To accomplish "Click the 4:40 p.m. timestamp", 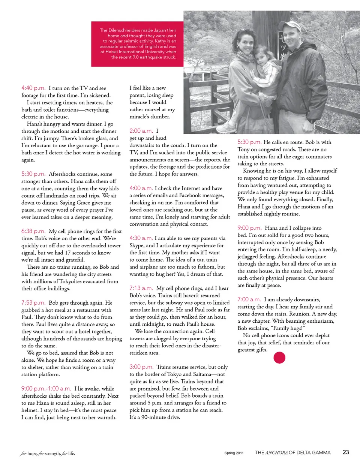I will click(33, 88).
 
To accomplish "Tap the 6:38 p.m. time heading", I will click(33, 231).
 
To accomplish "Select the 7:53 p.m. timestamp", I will click(33, 303).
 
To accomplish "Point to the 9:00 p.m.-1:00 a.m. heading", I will click(46, 389).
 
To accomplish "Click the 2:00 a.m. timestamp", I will click(141, 131).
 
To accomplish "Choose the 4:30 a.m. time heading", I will click(141, 238).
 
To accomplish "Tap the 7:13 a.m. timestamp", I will click(141, 288).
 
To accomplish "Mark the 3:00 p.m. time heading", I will click(141, 367).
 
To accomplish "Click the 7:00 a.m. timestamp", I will click(249, 299).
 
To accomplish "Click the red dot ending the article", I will click(279, 358).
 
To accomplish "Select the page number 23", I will click(346, 452).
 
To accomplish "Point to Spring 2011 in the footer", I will click(234, 453).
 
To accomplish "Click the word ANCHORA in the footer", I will click(277, 453).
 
